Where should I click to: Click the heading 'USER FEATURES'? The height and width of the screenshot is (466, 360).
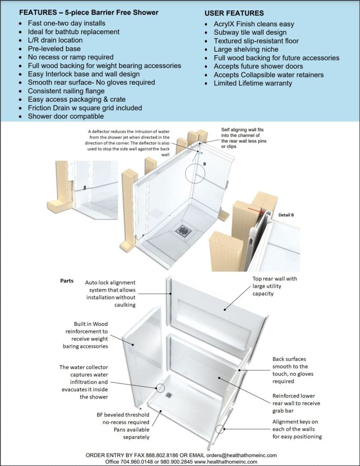pyautogui.click(x=234, y=13)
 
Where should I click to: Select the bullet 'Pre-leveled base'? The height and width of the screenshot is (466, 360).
pyautogui.click(x=54, y=49)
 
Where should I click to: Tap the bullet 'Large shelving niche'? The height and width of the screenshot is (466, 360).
pyautogui.click(x=246, y=49)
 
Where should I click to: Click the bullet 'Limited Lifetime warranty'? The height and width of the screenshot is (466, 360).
pyautogui.click(x=253, y=83)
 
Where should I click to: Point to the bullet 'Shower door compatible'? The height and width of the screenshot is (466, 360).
pyautogui.click(x=66, y=116)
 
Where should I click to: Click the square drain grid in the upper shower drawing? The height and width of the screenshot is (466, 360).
pyautogui.click(x=183, y=231)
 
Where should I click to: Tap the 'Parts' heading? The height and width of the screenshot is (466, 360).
pyautogui.click(x=66, y=280)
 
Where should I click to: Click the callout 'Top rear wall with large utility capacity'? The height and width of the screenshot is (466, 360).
pyautogui.click(x=275, y=286)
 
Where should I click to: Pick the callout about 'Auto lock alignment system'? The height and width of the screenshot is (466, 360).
pyautogui.click(x=110, y=293)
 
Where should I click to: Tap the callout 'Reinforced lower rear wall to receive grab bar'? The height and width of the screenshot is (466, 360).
pyautogui.click(x=294, y=403)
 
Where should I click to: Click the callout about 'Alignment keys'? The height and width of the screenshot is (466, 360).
pyautogui.click(x=297, y=429)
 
